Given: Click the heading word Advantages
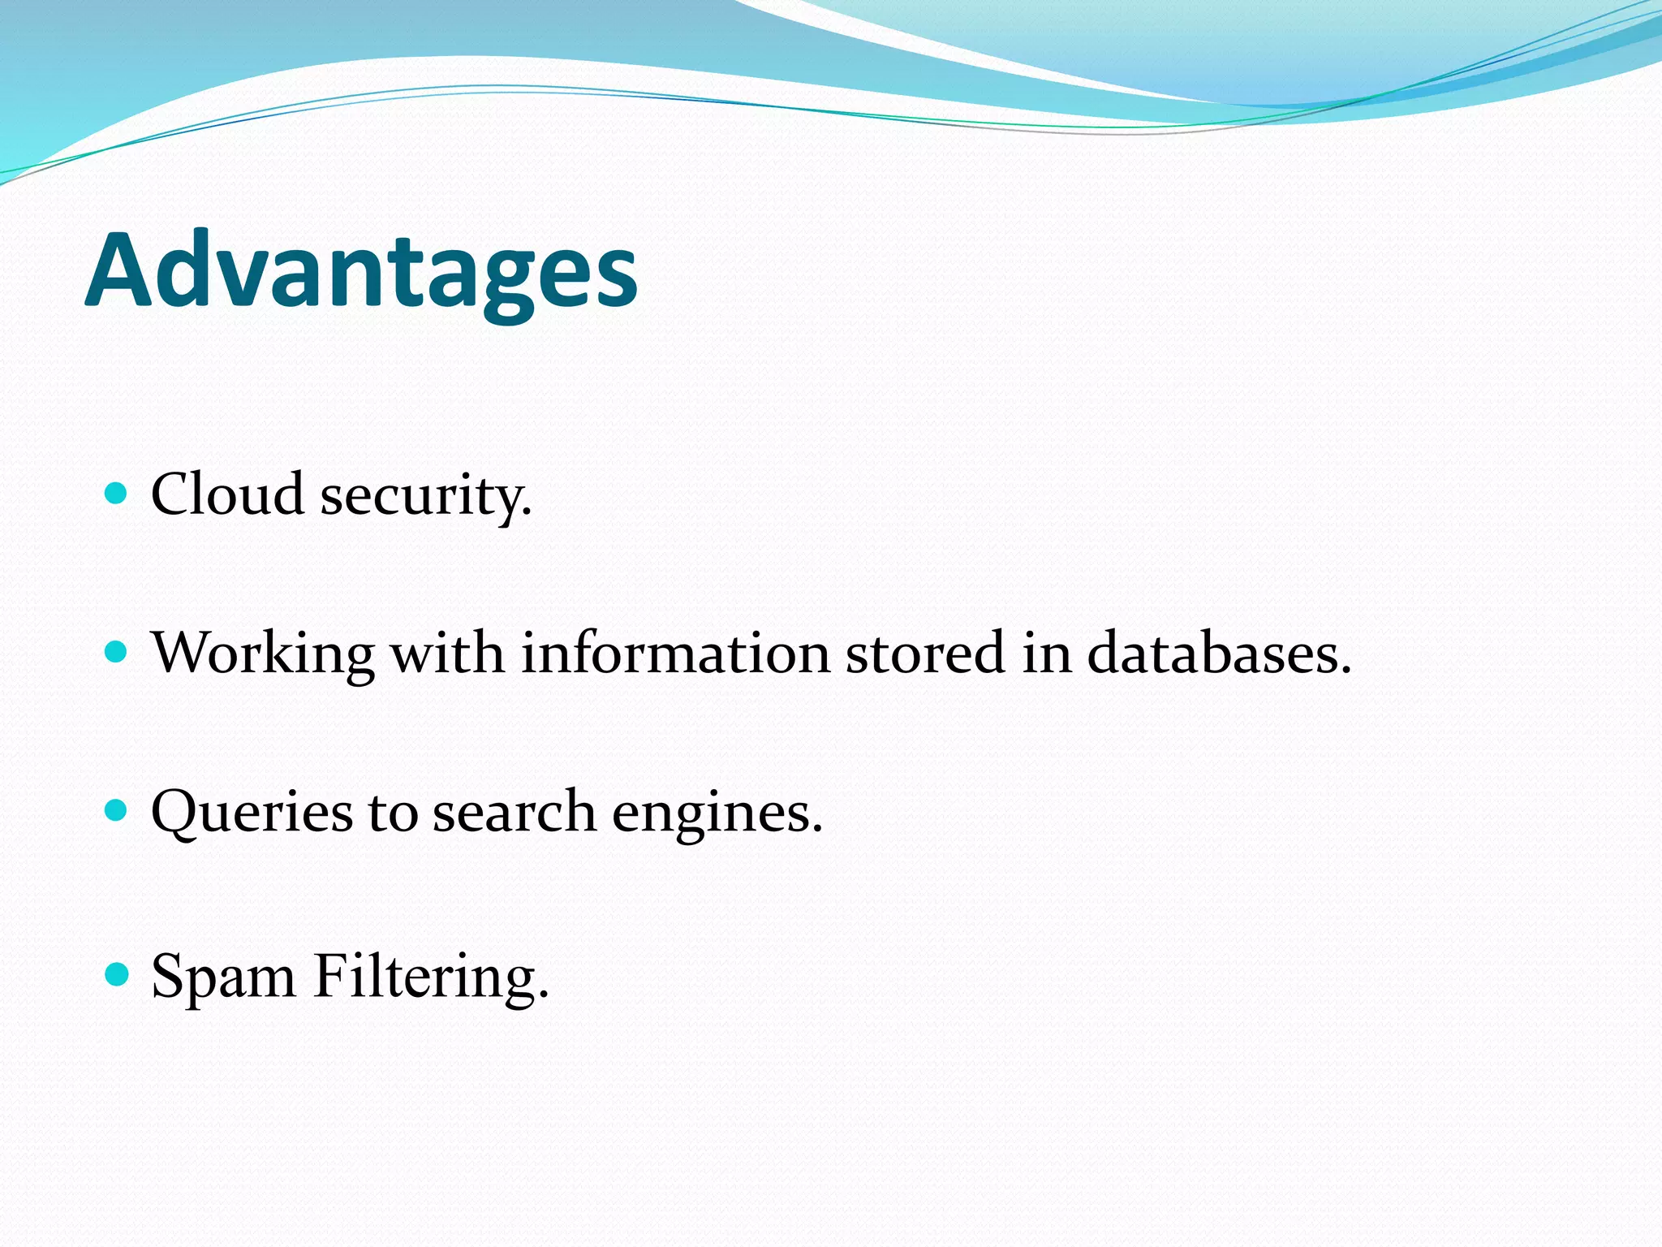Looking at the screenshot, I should pyautogui.click(x=361, y=272).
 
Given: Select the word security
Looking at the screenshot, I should pyautogui.click(x=425, y=495).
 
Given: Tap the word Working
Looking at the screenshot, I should pyautogui.click(x=263, y=654).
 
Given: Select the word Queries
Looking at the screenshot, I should pyautogui.click(x=252, y=812).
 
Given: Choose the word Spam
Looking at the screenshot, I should pyautogui.click(x=223, y=976).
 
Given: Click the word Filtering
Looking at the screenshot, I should pyautogui.click(x=431, y=976).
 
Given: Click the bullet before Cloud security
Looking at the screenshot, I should pyautogui.click(x=117, y=492).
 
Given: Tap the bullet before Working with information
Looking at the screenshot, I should pyautogui.click(x=117, y=651).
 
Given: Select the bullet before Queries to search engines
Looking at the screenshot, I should pyautogui.click(x=117, y=810).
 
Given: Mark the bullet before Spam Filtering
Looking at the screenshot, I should pyautogui.click(x=117, y=973).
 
